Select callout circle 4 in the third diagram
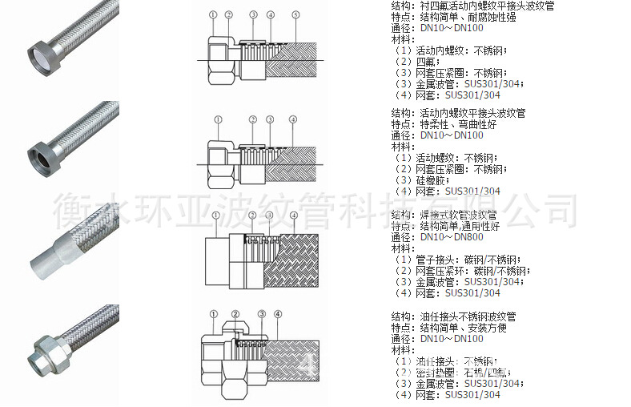(x=293, y=216)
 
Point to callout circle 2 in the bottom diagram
(x=235, y=312)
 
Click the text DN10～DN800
(x=452, y=237)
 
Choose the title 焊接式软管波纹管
(x=457, y=215)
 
